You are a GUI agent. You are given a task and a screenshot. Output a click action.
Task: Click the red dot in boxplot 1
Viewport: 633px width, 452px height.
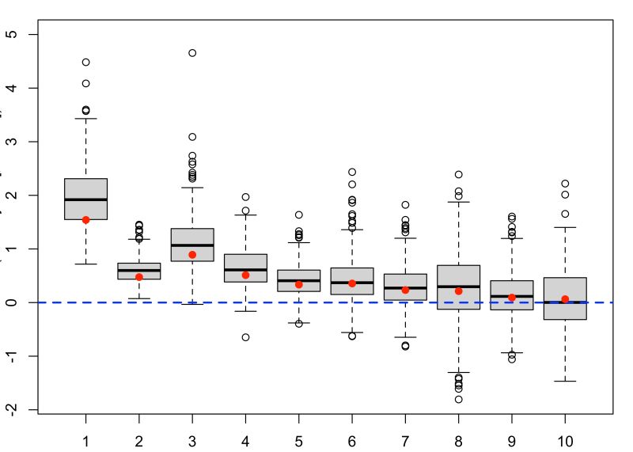click(x=85, y=220)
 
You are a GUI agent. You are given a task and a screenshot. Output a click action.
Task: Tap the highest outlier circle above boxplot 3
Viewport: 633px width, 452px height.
click(x=192, y=53)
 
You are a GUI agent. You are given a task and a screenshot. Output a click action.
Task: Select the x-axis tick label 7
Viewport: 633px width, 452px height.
click(x=405, y=440)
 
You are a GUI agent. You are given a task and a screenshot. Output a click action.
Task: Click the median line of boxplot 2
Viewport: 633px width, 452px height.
click(x=139, y=270)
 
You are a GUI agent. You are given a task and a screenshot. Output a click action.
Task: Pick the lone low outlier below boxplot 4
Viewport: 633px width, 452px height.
click(x=245, y=337)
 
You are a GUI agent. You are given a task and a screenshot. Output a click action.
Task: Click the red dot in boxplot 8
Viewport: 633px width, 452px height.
click(x=458, y=291)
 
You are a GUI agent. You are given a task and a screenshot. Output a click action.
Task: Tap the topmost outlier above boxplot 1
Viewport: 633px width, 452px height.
click(x=85, y=62)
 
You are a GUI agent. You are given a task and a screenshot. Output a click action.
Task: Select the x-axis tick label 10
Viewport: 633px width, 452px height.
click(x=565, y=440)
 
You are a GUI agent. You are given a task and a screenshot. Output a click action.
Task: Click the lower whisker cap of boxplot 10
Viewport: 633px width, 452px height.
click(x=565, y=382)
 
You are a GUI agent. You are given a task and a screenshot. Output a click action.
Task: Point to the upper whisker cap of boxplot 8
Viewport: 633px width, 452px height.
click(x=458, y=202)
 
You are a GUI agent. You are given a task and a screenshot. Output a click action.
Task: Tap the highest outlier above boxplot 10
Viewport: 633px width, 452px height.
click(x=565, y=184)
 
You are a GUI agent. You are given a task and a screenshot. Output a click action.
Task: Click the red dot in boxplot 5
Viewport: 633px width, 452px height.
click(x=299, y=284)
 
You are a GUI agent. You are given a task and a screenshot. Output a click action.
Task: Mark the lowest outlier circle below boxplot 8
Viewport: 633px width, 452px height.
click(x=458, y=399)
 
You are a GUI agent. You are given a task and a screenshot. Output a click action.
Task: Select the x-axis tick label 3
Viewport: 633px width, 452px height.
click(x=192, y=440)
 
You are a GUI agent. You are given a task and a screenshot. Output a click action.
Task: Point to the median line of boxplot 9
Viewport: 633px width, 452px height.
click(x=512, y=296)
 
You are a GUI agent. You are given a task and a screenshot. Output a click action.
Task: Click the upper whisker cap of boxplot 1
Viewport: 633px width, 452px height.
click(x=85, y=119)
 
